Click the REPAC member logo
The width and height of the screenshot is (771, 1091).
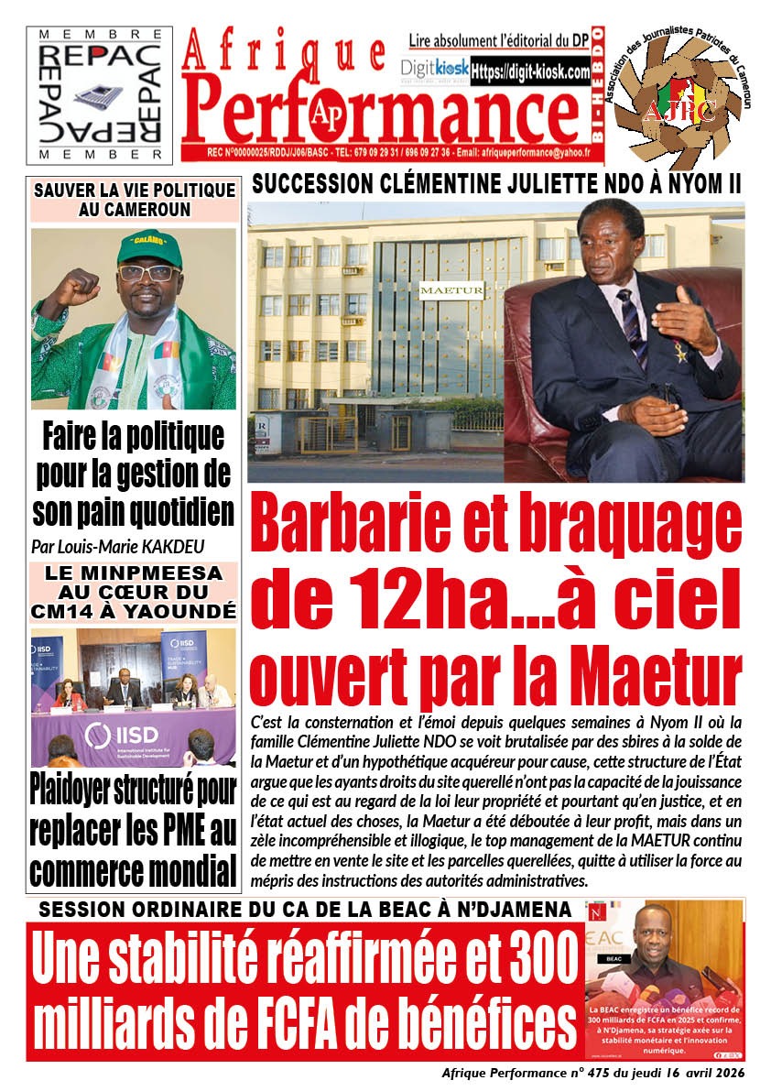pyautogui.click(x=100, y=94)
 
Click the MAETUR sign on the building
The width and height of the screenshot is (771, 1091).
pyautogui.click(x=438, y=290)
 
